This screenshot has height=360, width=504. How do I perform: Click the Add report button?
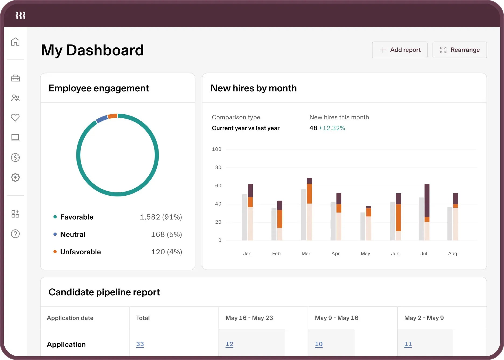(x=400, y=50)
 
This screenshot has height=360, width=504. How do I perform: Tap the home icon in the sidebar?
(x=15, y=42)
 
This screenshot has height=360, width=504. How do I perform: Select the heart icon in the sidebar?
(x=15, y=117)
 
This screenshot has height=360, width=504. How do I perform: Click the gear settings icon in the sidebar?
(x=15, y=177)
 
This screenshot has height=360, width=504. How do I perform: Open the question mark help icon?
(x=15, y=234)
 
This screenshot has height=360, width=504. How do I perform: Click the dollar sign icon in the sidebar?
(x=15, y=157)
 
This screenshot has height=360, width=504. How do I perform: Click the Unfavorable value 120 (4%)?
(x=167, y=252)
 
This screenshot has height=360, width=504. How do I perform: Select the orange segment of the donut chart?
(x=112, y=116)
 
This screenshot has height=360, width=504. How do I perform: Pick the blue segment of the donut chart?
(x=102, y=119)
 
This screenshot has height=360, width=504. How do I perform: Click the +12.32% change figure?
(x=332, y=128)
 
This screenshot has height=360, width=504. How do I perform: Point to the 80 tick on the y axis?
(x=218, y=168)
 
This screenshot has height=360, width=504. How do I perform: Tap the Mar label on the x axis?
(x=306, y=254)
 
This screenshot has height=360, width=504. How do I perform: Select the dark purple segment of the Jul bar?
(x=427, y=200)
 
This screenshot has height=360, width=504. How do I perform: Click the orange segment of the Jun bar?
(x=398, y=218)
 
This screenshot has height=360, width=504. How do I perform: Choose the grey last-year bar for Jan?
(x=244, y=217)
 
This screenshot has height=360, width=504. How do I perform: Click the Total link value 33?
(x=140, y=344)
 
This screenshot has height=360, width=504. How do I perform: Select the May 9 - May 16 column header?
(x=337, y=318)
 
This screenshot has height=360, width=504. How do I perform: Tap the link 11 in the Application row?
(x=408, y=344)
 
